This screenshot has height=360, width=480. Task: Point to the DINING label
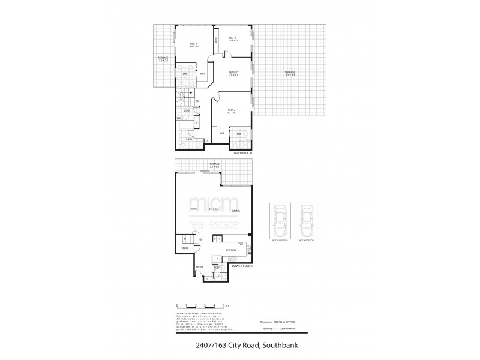tap(236, 209)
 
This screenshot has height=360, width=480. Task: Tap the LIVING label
tap(193, 209)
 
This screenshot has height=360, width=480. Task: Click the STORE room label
tap(185, 248)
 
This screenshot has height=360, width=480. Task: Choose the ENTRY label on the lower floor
tap(200, 267)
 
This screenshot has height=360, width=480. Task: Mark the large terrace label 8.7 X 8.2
tap(290, 75)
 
